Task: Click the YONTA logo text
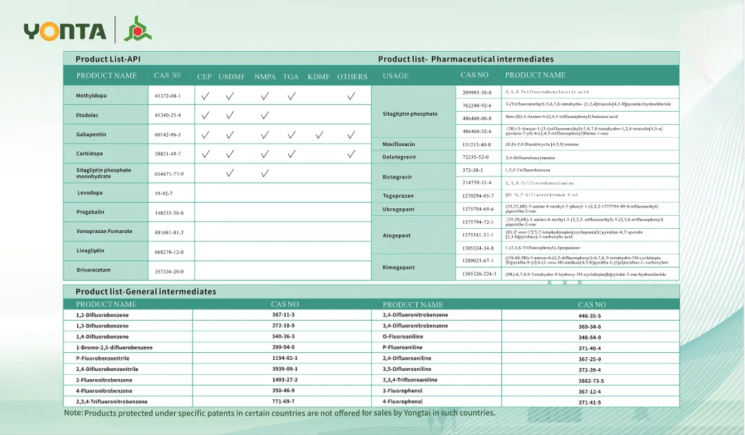tap(65, 31)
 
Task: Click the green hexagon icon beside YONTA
tap(138, 29)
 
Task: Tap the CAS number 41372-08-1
tap(168, 96)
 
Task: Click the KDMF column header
tap(319, 77)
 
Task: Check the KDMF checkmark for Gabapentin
tap(319, 135)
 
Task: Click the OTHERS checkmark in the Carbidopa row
tap(352, 154)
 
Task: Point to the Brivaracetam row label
tap(95, 270)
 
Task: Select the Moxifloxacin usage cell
tap(399, 144)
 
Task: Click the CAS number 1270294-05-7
tap(477, 196)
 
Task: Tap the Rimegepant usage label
tap(399, 267)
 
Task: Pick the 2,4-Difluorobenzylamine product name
tap(530, 157)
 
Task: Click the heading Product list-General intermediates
tap(146, 292)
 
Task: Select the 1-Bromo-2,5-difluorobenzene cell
tap(114, 347)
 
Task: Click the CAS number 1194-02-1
tap(284, 358)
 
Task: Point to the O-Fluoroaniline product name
tap(404, 337)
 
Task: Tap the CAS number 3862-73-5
tap(590, 381)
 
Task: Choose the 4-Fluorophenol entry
tap(403, 402)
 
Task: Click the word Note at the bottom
tap(72, 413)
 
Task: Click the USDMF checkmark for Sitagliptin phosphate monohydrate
tap(230, 173)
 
